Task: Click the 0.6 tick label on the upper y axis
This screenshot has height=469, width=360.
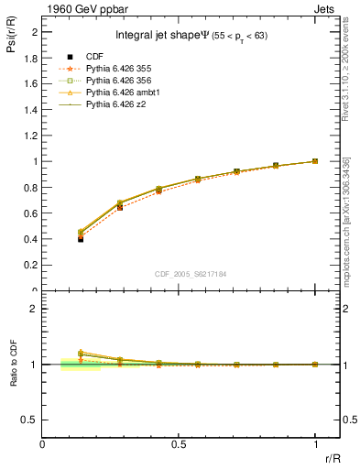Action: (x=31, y=213)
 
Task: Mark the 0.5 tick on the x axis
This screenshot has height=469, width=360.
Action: (x=179, y=442)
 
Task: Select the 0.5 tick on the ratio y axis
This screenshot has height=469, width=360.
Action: (x=31, y=420)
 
